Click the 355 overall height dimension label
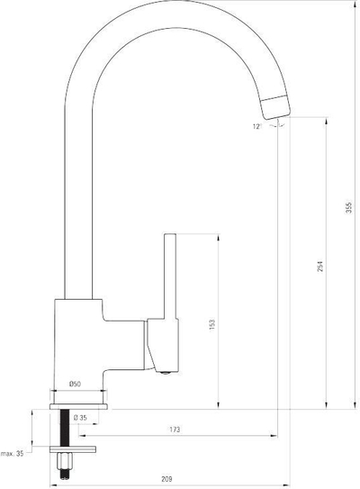pos(349,208)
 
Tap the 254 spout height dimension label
pos(320,267)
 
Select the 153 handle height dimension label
pos(212,324)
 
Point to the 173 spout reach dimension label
pos(175,430)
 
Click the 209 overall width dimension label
pos(166,479)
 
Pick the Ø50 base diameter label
pos(75,384)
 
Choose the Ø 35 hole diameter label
pos(80,418)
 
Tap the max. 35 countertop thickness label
pos(13,454)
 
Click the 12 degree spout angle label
pos(256,127)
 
